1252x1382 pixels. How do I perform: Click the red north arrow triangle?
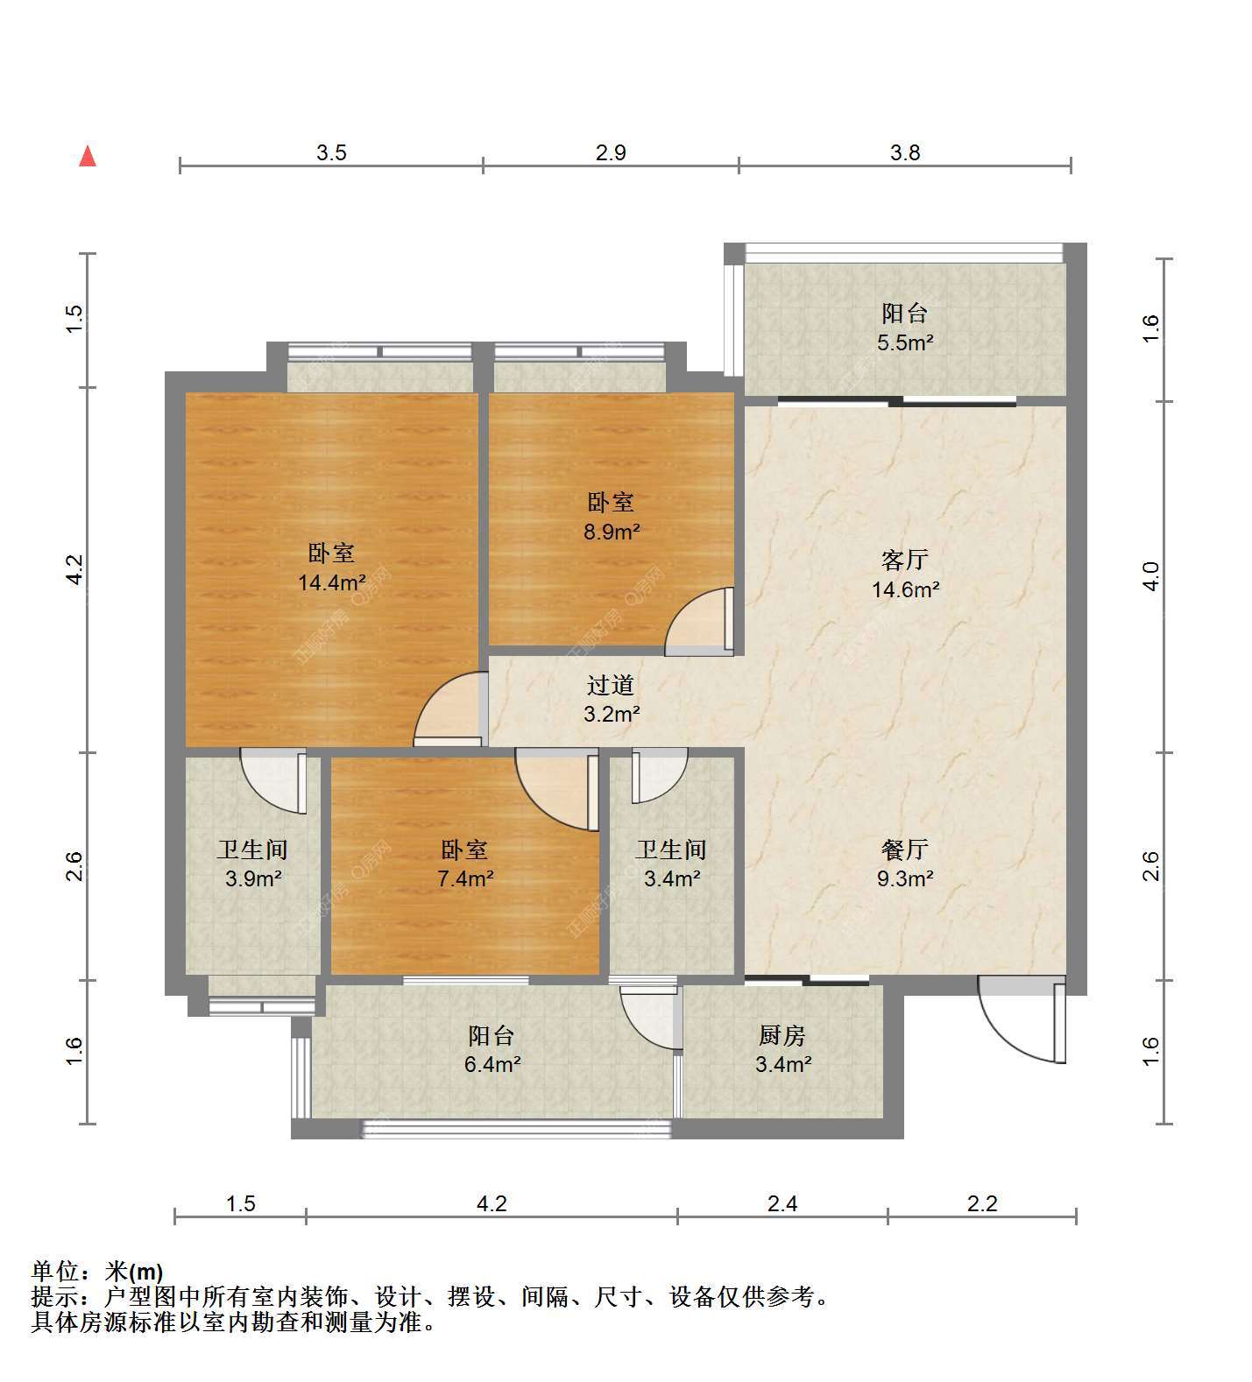point(88,156)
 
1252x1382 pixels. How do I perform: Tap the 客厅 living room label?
point(905,559)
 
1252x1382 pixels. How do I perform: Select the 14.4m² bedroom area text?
point(331,582)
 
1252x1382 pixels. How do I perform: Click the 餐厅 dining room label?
point(905,849)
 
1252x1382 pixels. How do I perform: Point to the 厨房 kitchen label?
point(782,1035)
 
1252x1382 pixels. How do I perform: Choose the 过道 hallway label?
point(611,685)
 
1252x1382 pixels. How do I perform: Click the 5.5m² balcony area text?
point(905,342)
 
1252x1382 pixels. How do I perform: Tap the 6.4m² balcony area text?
point(493,1065)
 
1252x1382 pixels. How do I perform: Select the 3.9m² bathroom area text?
point(253,878)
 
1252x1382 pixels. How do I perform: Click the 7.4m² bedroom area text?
point(465,878)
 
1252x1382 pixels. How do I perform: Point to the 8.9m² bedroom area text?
point(612,532)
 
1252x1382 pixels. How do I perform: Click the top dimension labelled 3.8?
point(905,152)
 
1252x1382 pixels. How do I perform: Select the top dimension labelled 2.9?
point(611,152)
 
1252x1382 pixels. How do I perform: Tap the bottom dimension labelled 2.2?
point(982,1204)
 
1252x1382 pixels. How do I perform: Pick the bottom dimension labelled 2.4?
point(782,1204)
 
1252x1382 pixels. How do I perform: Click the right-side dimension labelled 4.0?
point(1151,575)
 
